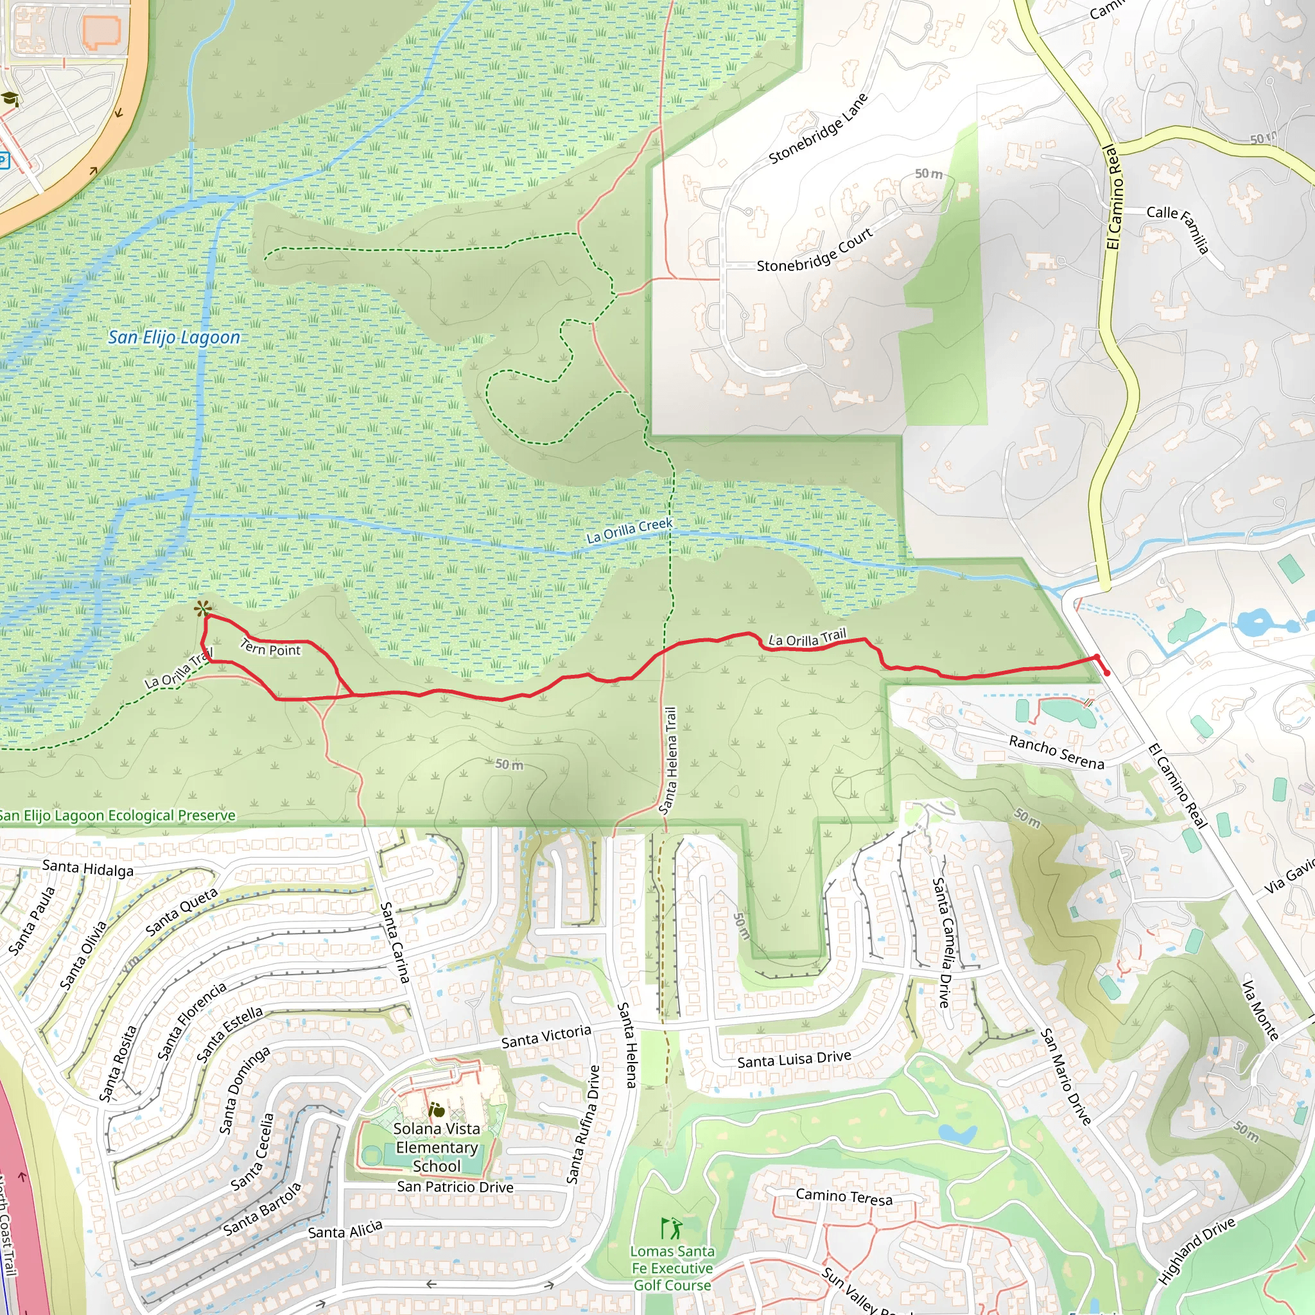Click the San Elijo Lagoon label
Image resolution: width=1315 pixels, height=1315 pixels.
[174, 338]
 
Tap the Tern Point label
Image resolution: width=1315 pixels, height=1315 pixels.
[270, 648]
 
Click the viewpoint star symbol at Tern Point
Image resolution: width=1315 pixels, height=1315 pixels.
[202, 609]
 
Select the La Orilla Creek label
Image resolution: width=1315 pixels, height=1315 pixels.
[630, 531]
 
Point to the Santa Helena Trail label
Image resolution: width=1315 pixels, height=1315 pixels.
[668, 761]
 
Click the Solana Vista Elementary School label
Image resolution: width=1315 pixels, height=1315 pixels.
[436, 1147]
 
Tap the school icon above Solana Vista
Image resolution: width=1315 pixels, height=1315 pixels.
[436, 1110]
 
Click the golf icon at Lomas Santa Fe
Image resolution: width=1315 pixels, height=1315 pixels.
[671, 1228]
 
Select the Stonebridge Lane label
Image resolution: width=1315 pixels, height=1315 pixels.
[818, 129]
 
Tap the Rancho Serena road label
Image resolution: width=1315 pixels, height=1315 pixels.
[1056, 752]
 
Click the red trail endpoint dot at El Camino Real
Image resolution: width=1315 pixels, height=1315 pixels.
[1107, 673]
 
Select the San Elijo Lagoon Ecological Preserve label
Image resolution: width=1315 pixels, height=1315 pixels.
[117, 815]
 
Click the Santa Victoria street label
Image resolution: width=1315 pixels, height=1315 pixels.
[546, 1036]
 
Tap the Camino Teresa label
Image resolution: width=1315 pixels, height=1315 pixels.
[844, 1197]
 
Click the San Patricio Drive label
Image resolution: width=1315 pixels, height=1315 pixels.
[455, 1187]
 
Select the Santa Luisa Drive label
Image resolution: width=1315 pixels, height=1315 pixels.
[794, 1059]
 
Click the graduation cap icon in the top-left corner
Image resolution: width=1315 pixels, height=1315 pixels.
[10, 100]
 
